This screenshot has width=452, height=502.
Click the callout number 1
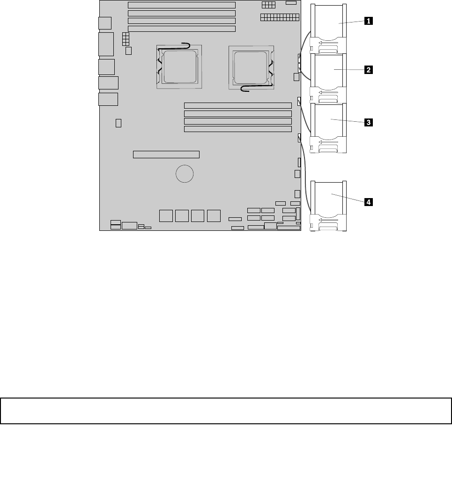pyautogui.click(x=368, y=21)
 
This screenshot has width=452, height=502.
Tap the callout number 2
pyautogui.click(x=368, y=70)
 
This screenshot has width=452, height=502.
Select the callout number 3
pyautogui.click(x=368, y=122)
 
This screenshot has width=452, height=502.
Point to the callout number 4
pyautogui.click(x=368, y=202)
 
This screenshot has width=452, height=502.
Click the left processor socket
pyautogui.click(x=179, y=67)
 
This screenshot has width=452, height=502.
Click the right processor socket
pyautogui.click(x=251, y=67)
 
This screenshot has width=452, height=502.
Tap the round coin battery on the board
pyautogui.click(x=185, y=174)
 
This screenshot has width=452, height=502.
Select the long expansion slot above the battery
pyautogui.click(x=166, y=155)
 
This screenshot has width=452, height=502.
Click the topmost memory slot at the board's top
pyautogui.click(x=182, y=5)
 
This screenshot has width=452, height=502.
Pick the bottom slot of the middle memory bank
pyautogui.click(x=237, y=129)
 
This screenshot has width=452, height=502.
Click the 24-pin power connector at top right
pyautogui.click(x=280, y=17)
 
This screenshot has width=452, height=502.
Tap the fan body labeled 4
pyautogui.click(x=328, y=206)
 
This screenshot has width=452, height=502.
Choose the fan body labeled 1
pyautogui.click(x=328, y=29)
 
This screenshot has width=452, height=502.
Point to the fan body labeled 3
pyautogui.click(x=328, y=128)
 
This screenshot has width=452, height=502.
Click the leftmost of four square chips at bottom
pyautogui.click(x=166, y=216)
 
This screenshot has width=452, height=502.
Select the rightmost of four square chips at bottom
pyautogui.click(x=214, y=216)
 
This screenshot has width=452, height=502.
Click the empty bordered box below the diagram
pyautogui.click(x=226, y=411)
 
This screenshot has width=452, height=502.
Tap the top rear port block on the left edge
pyautogui.click(x=105, y=23)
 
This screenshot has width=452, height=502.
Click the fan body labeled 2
pyautogui.click(x=328, y=78)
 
